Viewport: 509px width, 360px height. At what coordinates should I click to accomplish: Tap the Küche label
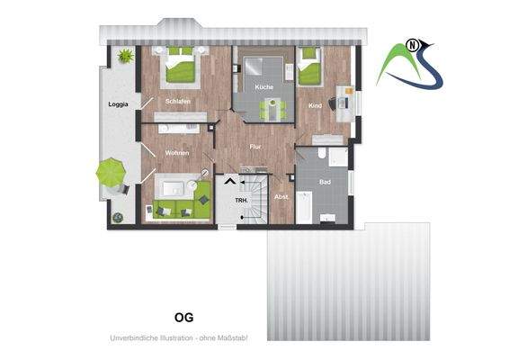coord(263,86)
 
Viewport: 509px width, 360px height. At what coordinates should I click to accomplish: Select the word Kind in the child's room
coord(315,106)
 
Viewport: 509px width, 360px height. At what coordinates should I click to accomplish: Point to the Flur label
coord(255,145)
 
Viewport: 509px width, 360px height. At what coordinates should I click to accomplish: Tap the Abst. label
coord(281,198)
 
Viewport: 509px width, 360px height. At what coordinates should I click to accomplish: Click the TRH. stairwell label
coord(241,199)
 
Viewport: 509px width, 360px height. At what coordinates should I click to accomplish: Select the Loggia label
coord(118,104)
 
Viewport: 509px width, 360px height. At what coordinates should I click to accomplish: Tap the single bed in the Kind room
coord(311,67)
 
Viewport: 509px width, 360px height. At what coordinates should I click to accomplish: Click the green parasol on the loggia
coord(111,169)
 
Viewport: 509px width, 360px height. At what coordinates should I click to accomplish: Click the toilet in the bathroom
coord(340,158)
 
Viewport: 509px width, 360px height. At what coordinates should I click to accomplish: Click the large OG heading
coord(183,317)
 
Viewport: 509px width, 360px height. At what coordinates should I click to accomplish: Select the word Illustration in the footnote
coord(172,337)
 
